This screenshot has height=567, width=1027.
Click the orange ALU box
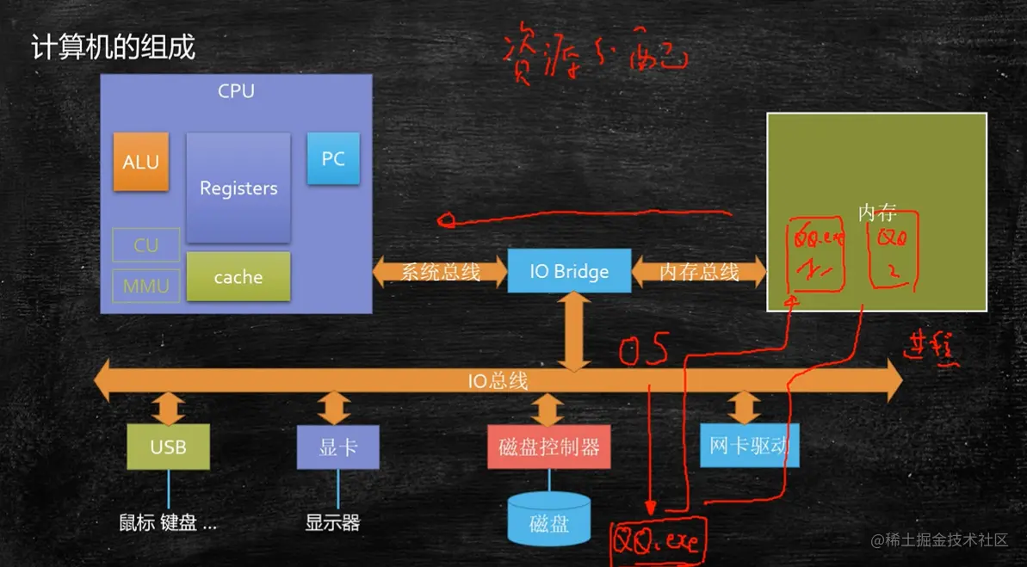(x=140, y=162)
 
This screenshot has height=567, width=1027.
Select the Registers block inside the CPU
(x=238, y=188)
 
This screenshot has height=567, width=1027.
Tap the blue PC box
(x=333, y=158)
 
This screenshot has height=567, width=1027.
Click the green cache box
(x=238, y=276)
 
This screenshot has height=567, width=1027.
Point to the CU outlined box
(x=146, y=245)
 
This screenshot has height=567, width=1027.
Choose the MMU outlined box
(x=146, y=286)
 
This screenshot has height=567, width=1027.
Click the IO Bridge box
(x=569, y=272)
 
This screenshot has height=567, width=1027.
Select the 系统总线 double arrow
(x=440, y=272)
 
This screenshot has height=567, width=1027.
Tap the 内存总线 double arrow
(x=699, y=272)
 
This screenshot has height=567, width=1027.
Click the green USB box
(x=168, y=447)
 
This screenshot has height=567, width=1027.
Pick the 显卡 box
(x=337, y=447)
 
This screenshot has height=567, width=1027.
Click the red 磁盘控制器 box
(x=548, y=447)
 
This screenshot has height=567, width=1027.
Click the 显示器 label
(x=332, y=522)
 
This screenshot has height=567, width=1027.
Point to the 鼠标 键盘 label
(x=168, y=522)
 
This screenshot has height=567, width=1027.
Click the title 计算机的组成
(x=114, y=46)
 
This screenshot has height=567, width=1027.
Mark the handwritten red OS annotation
(x=644, y=348)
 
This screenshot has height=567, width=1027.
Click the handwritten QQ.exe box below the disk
(x=657, y=540)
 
